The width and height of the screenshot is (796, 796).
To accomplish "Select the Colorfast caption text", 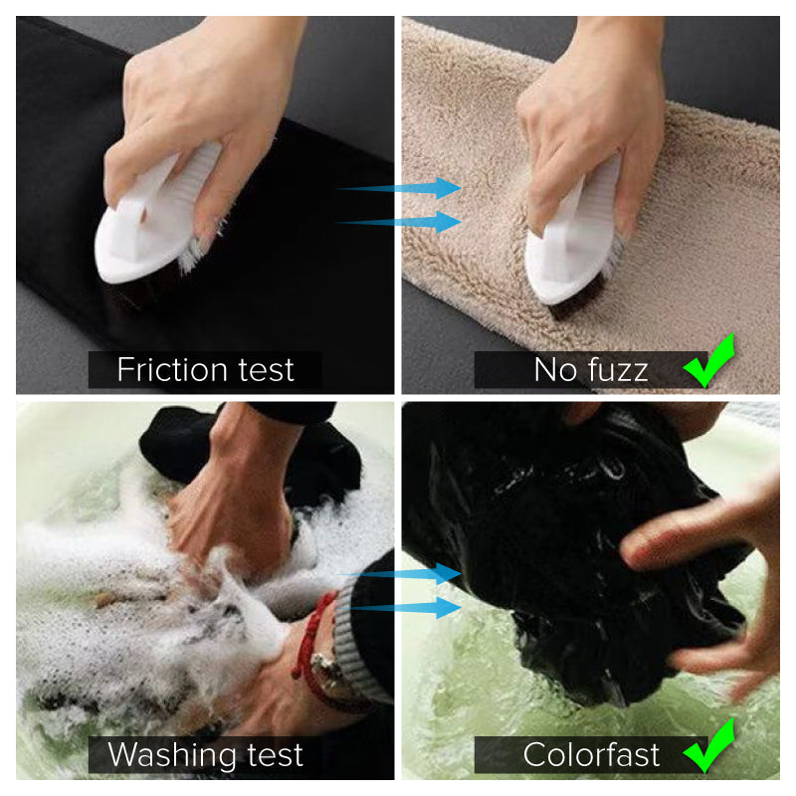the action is pyautogui.click(x=591, y=755).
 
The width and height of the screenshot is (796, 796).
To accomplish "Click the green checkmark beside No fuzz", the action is pyautogui.click(x=709, y=360).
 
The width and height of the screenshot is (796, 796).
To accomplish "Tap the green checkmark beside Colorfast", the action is pyautogui.click(x=709, y=745).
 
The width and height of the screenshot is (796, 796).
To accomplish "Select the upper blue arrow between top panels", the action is pyautogui.click(x=399, y=188).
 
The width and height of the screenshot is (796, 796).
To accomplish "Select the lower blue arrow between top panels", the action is pyautogui.click(x=399, y=222).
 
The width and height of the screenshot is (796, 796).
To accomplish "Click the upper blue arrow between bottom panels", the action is pyautogui.click(x=399, y=574).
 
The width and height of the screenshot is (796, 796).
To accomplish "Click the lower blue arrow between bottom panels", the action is pyautogui.click(x=399, y=607).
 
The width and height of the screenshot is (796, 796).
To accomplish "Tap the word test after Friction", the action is pyautogui.click(x=266, y=370).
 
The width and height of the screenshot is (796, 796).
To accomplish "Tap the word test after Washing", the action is pyautogui.click(x=275, y=755).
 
